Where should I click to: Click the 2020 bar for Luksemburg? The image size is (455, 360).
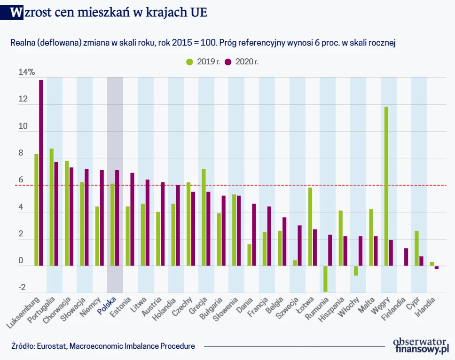pyautogui.click(x=41, y=172)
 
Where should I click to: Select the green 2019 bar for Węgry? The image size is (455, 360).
pyautogui.click(x=386, y=186)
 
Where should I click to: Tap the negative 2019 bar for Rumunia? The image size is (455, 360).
pyautogui.click(x=325, y=279)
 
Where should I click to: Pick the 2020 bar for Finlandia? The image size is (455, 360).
pyautogui.click(x=406, y=257)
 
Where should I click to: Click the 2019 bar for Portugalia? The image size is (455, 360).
pyautogui.click(x=52, y=207)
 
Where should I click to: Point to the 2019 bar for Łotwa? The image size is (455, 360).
pyautogui.click(x=310, y=227)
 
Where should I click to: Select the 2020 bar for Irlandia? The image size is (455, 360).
pyautogui.click(x=436, y=267)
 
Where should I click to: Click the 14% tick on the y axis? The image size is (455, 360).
pyautogui.click(x=26, y=72)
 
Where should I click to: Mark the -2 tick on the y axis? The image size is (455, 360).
pyautogui.click(x=21, y=288)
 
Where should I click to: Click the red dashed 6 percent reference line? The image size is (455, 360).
pyautogui.click(x=235, y=185)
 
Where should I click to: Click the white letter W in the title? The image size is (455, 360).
pyautogui.click(x=16, y=13)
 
